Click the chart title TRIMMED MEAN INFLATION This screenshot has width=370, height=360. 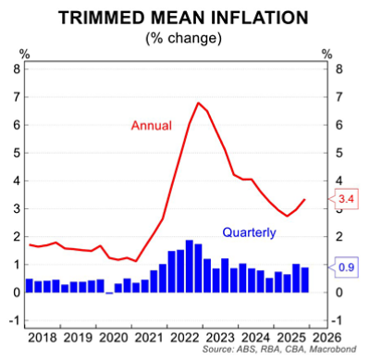[x=184, y=17]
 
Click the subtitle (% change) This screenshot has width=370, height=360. [x=184, y=38]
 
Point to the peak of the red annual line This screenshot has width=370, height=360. [x=198, y=103]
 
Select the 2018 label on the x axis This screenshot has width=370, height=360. [x=42, y=339]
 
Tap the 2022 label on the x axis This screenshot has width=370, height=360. [x=190, y=339]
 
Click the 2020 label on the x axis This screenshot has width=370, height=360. [x=116, y=339]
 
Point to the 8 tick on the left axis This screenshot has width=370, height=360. [x=16, y=68]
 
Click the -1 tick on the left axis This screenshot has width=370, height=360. [x=14, y=321]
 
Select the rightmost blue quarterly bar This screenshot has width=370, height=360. [x=305, y=279]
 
